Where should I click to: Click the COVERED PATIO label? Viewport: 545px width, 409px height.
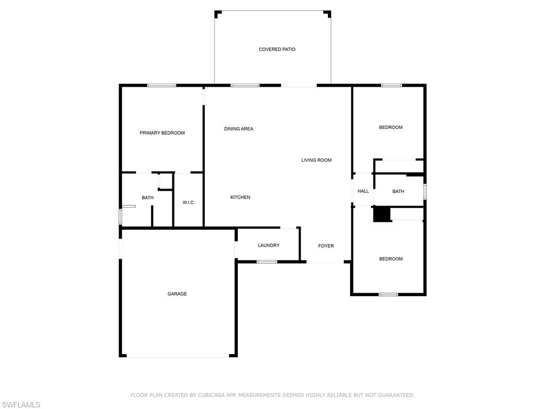tap(277, 50)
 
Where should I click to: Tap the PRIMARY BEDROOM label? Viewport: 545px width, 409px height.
tap(162, 133)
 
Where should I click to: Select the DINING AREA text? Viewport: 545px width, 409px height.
tap(238, 129)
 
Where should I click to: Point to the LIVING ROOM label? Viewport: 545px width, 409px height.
tap(316, 160)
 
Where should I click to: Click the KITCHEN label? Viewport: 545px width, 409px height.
tap(240, 198)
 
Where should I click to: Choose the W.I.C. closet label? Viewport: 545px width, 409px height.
tap(188, 202)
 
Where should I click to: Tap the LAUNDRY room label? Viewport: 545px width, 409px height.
tap(269, 246)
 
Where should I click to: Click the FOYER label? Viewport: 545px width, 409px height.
tap(326, 246)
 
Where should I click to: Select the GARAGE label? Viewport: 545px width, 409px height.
tap(177, 294)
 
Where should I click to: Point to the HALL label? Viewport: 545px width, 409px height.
tap(363, 191)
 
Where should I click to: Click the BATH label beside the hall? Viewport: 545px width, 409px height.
tap(398, 192)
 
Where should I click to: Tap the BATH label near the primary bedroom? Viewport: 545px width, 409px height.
tap(147, 198)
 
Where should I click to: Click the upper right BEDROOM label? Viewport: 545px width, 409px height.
tap(391, 128)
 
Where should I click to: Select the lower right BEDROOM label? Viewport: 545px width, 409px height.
tap(391, 259)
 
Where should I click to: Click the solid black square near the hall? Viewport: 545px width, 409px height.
tap(382, 214)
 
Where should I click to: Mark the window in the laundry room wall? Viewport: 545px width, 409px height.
tap(267, 261)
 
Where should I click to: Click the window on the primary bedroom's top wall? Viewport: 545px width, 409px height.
tap(162, 85)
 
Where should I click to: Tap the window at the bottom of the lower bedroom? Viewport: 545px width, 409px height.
tap(388, 295)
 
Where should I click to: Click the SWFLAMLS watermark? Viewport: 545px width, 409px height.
tap(21, 405)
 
